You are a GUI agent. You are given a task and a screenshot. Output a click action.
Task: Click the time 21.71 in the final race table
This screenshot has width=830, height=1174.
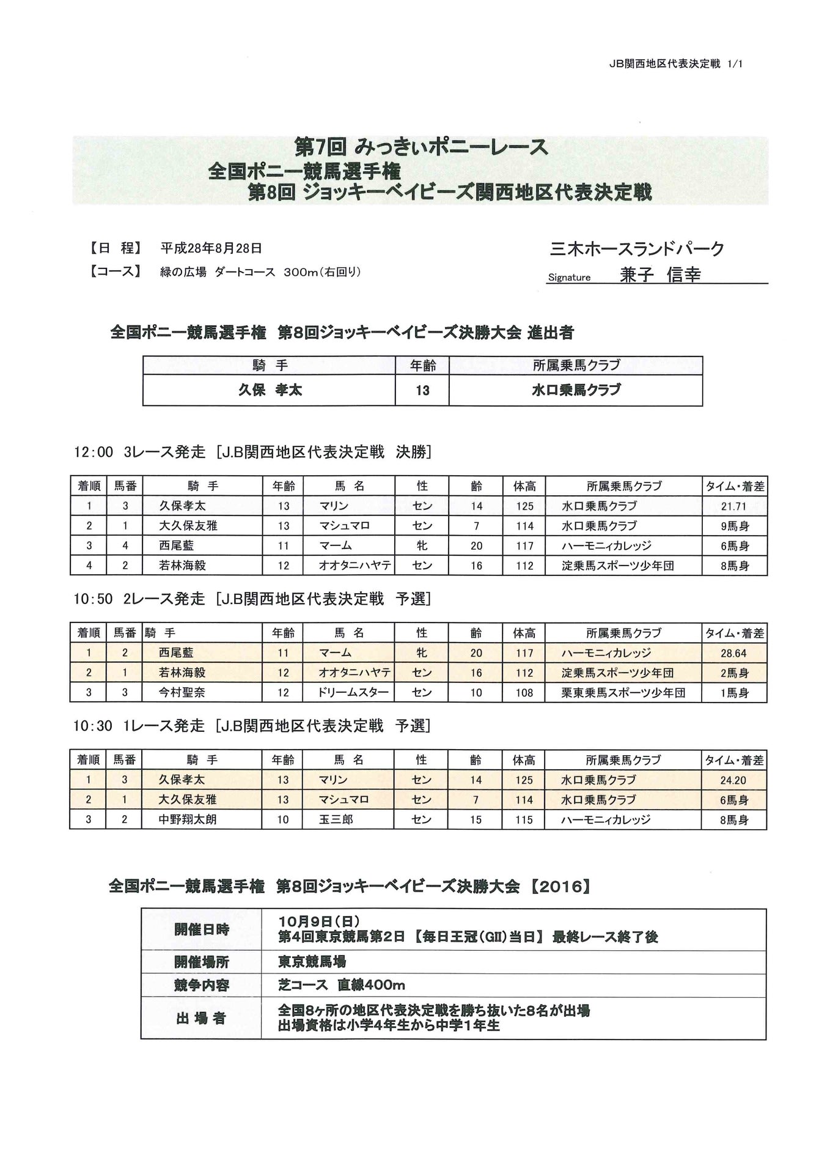point(733,506)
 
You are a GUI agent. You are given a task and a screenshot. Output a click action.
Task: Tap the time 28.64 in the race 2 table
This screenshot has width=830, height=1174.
point(733,653)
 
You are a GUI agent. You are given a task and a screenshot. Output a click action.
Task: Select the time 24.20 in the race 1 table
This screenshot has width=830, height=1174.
point(733,780)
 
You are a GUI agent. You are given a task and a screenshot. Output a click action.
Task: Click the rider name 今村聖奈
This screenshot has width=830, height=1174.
point(182,693)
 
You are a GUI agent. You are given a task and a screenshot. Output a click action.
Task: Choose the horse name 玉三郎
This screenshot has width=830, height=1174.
point(336,819)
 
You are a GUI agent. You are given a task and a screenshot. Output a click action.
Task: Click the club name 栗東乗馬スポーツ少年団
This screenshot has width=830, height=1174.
point(623,693)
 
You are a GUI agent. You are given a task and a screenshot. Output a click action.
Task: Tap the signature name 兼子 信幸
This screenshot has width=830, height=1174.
point(660,275)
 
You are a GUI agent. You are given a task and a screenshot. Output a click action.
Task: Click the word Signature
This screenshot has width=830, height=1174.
point(569,278)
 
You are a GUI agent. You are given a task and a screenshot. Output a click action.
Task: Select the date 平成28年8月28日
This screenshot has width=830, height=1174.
point(211,248)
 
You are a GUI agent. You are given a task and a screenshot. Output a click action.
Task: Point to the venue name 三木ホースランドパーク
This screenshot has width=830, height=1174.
point(637,249)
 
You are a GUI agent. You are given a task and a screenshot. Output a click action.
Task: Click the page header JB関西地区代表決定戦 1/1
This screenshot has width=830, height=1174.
point(675,64)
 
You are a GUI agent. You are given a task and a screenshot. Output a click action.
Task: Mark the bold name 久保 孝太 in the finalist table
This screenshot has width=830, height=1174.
point(270,390)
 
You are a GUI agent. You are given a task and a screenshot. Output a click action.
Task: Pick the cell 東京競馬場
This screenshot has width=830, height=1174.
point(312,962)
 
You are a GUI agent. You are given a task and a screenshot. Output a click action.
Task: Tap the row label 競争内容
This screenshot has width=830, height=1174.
point(201,986)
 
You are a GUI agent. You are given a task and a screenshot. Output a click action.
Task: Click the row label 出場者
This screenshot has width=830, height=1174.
point(201,1018)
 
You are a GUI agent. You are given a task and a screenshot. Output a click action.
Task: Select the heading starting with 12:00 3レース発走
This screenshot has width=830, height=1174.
point(252,452)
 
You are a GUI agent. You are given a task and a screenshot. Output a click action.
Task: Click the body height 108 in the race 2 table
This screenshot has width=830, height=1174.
point(524,693)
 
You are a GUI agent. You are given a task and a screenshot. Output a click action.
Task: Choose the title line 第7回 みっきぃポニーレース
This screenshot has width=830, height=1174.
point(421,147)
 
